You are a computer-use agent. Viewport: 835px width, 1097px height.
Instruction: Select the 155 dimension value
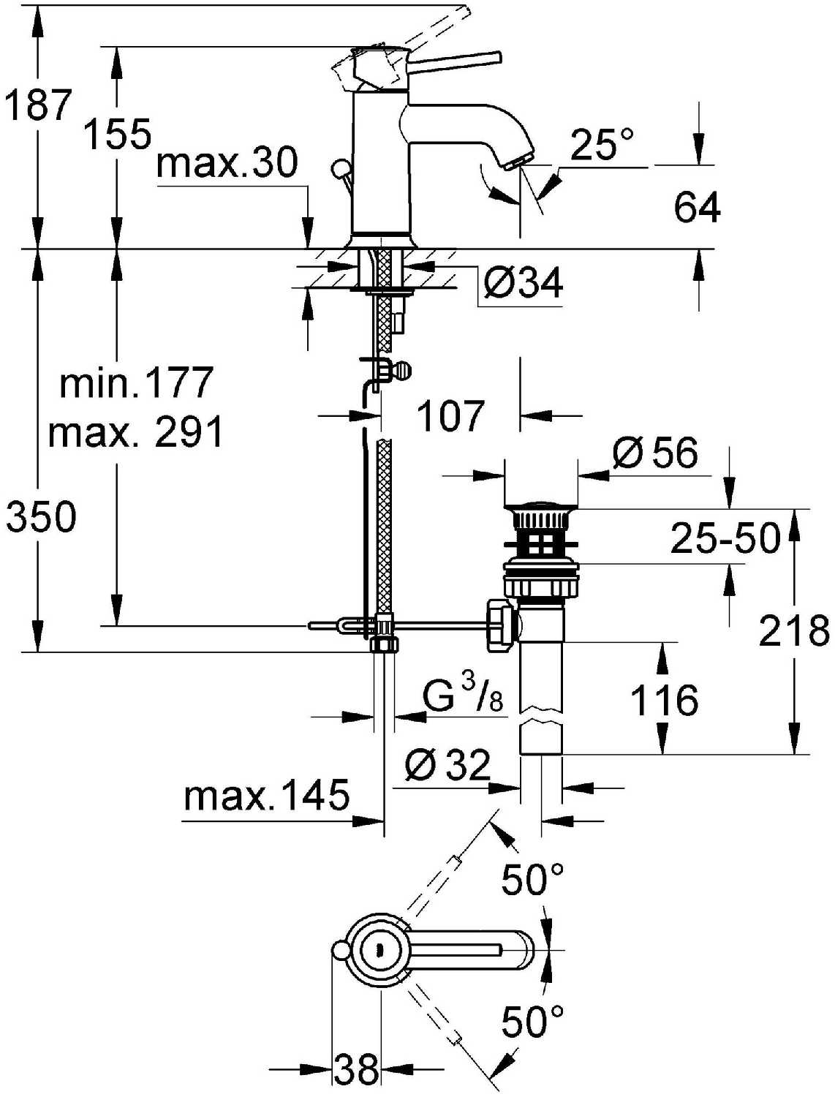click(118, 134)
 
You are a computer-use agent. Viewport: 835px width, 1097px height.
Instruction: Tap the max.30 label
click(227, 162)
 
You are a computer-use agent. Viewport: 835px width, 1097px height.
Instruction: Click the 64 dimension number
click(697, 206)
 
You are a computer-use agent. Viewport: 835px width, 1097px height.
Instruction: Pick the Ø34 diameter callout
click(523, 282)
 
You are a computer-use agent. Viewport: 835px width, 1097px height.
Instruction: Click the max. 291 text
click(135, 431)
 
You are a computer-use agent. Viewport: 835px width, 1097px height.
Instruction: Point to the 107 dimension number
click(450, 415)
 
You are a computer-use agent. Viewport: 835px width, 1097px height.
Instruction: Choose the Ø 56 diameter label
click(654, 453)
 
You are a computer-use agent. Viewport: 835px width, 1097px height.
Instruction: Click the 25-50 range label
click(725, 538)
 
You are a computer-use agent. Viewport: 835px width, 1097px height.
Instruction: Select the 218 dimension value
click(794, 630)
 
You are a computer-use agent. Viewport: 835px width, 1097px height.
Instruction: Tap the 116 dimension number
click(664, 700)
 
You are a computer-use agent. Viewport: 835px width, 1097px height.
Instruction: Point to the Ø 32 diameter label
click(447, 765)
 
